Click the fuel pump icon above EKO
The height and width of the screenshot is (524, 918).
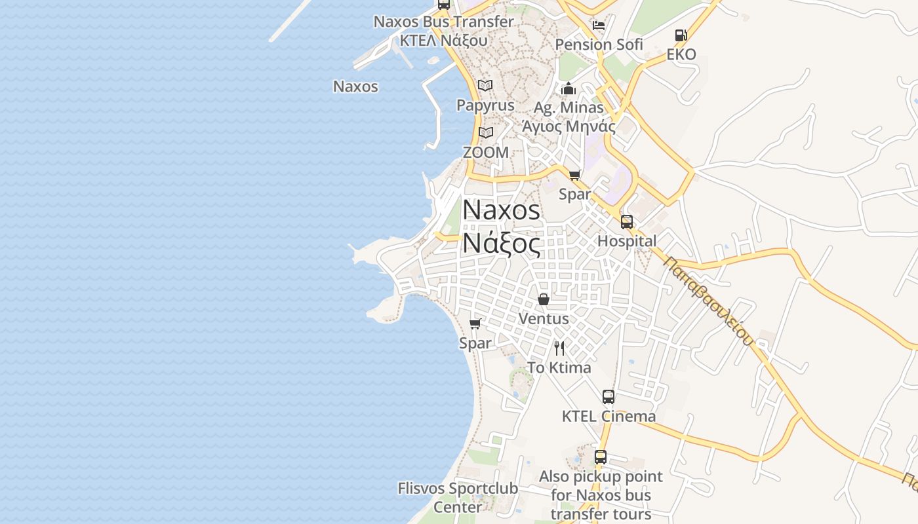[x=681, y=35]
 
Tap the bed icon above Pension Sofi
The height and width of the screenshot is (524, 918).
[x=598, y=26]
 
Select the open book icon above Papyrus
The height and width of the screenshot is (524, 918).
[x=485, y=85]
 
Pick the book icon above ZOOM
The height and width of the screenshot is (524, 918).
[x=485, y=132]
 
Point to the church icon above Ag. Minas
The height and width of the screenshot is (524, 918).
[x=569, y=88]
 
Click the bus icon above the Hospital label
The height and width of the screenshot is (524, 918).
[x=627, y=221]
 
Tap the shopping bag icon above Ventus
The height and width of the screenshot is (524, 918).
[x=544, y=299]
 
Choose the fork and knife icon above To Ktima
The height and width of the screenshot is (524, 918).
[x=559, y=348]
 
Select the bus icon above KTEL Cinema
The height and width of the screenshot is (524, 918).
[x=609, y=396]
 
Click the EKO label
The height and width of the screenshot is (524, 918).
[x=681, y=54]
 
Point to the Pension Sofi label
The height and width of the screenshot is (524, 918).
[x=599, y=45]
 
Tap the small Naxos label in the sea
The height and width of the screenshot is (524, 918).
[x=355, y=86]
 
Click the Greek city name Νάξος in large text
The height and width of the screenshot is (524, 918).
[x=502, y=244]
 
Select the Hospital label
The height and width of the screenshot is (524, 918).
[x=627, y=241]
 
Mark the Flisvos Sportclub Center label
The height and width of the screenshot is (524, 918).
[x=458, y=498]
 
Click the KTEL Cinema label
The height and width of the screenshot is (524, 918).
[x=609, y=417]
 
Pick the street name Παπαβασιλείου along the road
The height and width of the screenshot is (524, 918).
[x=708, y=301]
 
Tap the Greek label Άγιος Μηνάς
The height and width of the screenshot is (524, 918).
[x=569, y=126]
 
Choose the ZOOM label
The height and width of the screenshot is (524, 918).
[x=486, y=153]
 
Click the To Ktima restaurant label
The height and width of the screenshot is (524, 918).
[x=559, y=367]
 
